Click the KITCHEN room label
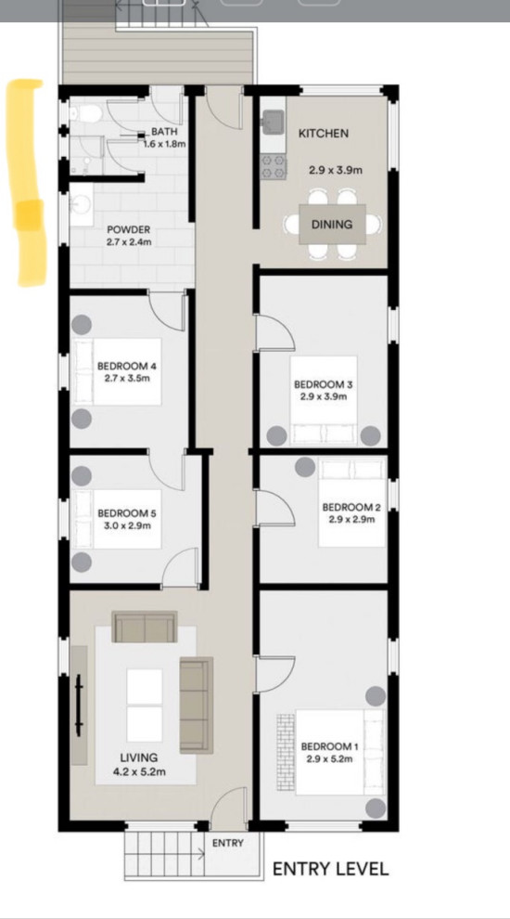323,134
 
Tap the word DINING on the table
331,225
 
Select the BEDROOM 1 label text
327,746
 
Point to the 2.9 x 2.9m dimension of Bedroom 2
351,520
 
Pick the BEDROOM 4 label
127,367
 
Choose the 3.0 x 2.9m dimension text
127,525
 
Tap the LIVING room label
138,757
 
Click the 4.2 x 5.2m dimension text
138,770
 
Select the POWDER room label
128,230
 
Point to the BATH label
165,133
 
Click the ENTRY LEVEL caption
330,870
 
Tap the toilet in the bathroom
89,115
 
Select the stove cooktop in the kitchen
274,166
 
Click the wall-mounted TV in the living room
81,705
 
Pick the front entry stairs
164,852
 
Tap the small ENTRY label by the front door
227,844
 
